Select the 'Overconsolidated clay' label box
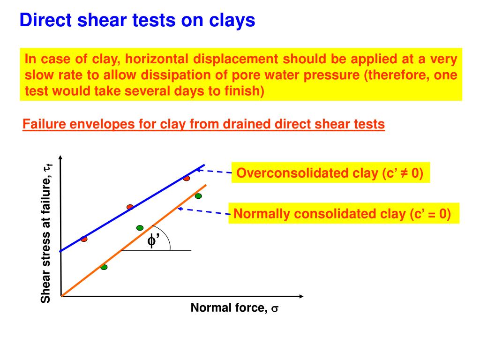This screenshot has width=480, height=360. [x=330, y=173]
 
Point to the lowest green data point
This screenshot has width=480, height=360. [x=104, y=267]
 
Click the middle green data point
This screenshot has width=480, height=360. [x=140, y=228]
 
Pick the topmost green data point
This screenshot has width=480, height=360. [x=198, y=196]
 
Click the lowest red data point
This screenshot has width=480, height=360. [x=84, y=239]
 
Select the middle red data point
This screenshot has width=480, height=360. [x=130, y=207]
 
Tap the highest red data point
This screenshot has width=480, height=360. [x=187, y=179]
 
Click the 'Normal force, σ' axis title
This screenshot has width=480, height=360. [x=234, y=308]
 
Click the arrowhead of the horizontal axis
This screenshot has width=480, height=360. [x=301, y=296]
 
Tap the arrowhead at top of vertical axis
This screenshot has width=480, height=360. [x=61, y=157]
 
